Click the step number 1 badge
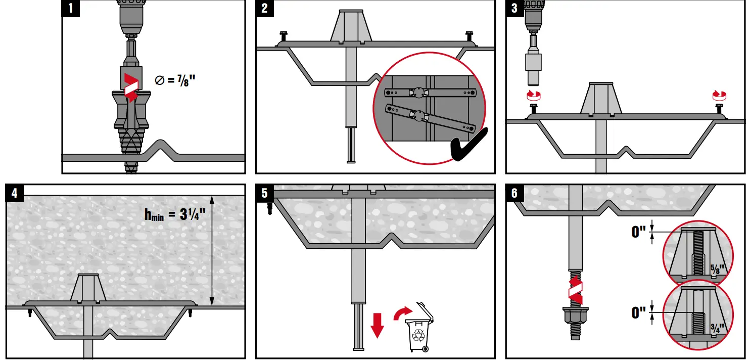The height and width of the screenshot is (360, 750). tap(71, 9)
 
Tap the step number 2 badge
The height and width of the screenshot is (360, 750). tap(264, 9)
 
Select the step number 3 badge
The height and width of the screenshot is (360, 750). tap(514, 9)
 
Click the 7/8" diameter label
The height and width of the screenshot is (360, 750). tap(175, 80)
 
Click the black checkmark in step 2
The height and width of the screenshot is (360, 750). tap(468, 147)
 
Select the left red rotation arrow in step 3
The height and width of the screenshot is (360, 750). tap(533, 95)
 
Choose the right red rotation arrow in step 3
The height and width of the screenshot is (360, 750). tap(719, 95)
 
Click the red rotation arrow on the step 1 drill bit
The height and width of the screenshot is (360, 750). tap(131, 87)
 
